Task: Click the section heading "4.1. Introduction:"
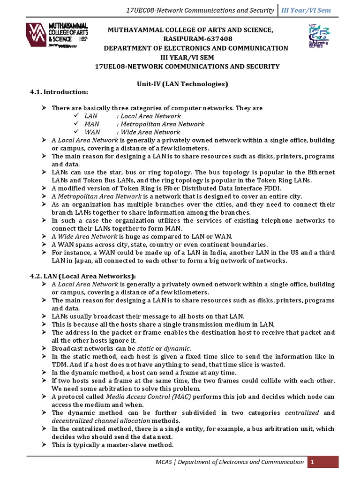[59, 92]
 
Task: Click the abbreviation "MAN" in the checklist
[92, 124]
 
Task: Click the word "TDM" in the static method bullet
[60, 365]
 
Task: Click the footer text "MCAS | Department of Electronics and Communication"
[230, 462]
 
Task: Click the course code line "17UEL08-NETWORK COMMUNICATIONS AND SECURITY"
[187, 67]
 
